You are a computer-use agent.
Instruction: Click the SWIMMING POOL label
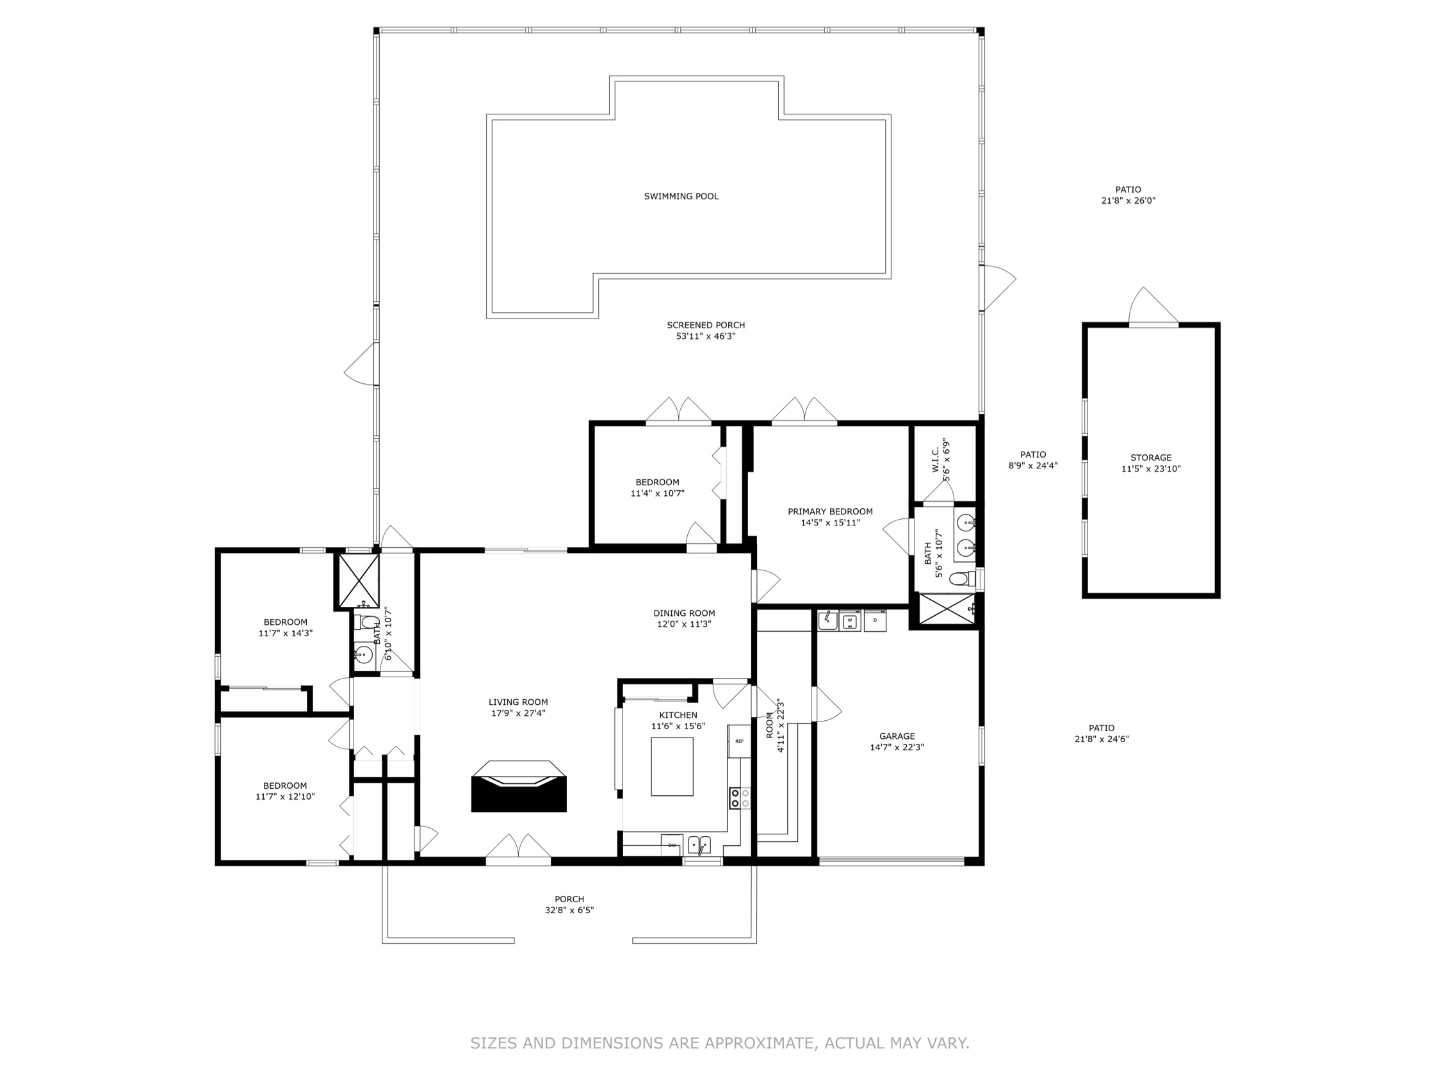tap(681, 196)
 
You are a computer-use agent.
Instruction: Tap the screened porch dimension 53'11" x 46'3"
tap(706, 336)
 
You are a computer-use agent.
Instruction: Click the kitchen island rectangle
tap(672, 766)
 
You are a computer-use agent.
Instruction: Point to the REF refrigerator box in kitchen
tap(738, 741)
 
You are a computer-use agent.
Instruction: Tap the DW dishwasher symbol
tap(672, 846)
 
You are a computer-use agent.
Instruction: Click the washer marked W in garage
tap(849, 622)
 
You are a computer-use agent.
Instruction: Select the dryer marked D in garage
tap(875, 621)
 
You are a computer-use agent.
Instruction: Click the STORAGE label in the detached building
tap(1150, 458)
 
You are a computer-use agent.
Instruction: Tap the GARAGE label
tap(897, 736)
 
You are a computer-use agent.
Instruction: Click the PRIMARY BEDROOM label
tap(830, 511)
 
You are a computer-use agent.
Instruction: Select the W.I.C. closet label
tap(935, 459)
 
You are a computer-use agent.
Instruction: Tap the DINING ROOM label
tap(684, 613)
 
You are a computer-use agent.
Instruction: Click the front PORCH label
tap(569, 899)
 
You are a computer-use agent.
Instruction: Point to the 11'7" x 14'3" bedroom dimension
tap(286, 632)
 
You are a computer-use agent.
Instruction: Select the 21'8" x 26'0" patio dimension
tap(1128, 201)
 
